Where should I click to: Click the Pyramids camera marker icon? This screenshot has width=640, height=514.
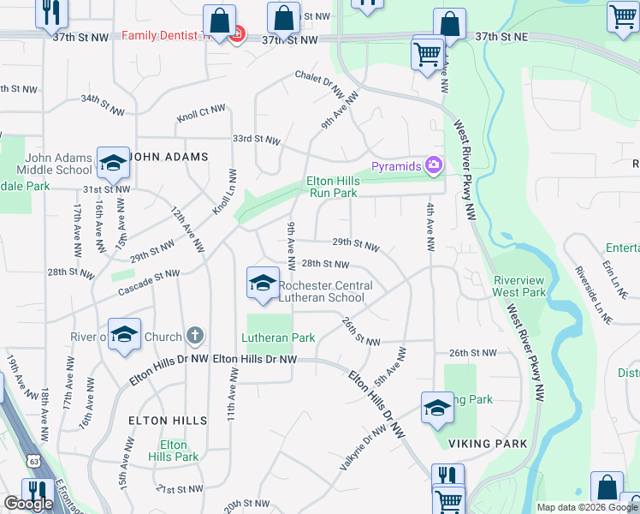point(434,164)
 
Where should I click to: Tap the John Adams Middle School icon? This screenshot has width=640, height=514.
point(112,160)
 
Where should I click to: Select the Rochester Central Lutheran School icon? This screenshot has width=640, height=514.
point(262,282)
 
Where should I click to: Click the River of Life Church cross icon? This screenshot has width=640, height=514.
point(195,336)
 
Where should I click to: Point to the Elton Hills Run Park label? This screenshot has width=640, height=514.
point(332,187)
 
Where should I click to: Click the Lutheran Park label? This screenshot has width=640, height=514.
point(278,338)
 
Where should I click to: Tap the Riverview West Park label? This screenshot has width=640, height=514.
point(519,286)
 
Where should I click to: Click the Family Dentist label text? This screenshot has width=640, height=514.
point(163,36)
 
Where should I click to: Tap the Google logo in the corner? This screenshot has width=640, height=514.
point(28,504)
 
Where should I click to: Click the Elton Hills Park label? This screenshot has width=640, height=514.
point(173,451)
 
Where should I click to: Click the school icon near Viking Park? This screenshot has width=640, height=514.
point(437,408)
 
